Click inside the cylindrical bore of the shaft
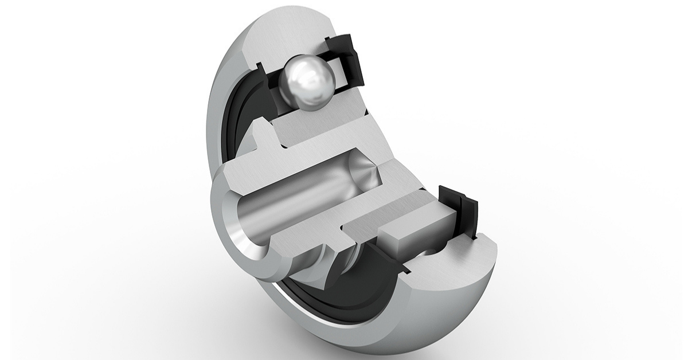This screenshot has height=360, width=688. pyautogui.click(x=287, y=201)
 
